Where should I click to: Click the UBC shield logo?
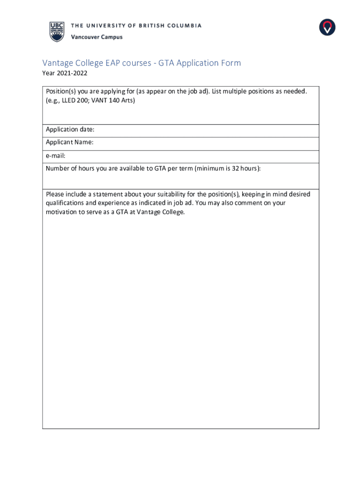(x=57, y=31)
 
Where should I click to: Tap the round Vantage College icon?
(x=327, y=27)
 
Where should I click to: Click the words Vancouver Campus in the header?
(x=96, y=37)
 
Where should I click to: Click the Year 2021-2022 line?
(x=65, y=73)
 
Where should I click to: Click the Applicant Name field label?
(x=70, y=142)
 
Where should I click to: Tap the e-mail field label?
(x=56, y=155)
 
